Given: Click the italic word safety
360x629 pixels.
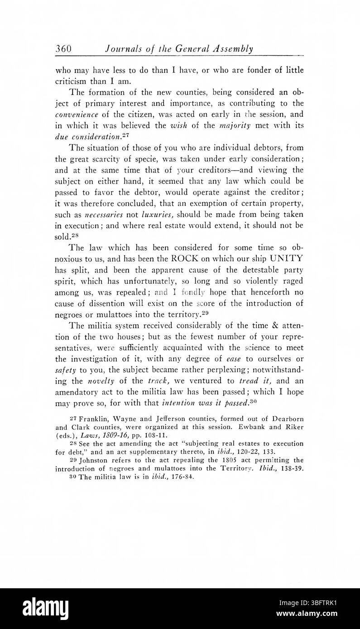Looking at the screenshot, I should click(x=65, y=372).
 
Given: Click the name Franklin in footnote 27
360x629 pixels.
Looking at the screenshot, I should click(x=94, y=419).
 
